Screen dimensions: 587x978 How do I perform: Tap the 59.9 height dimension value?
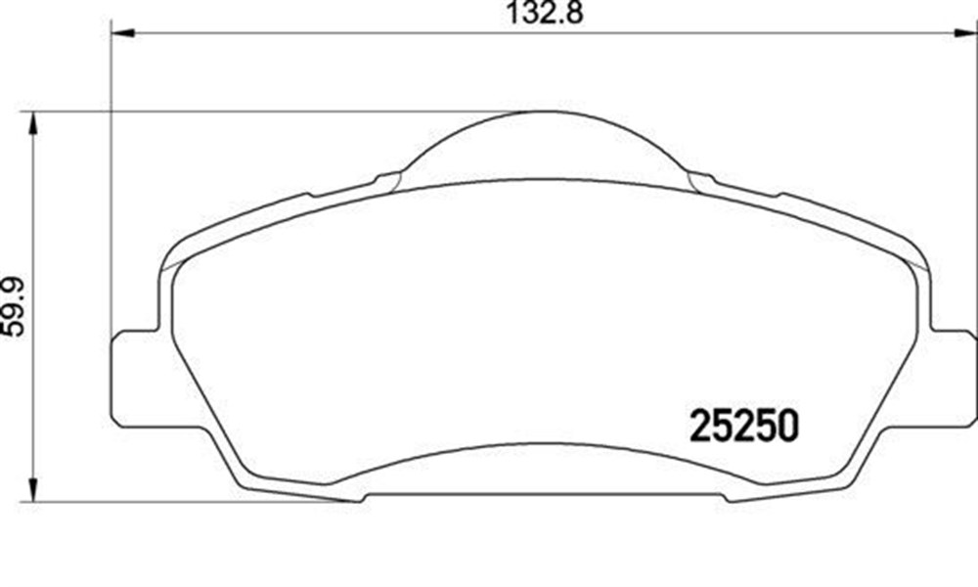[14, 306]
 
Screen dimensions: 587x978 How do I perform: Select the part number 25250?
[745, 426]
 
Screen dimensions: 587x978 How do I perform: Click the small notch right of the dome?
[701, 180]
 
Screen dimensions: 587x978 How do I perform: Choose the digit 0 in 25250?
[787, 426]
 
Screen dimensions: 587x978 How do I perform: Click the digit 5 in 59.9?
[14, 327]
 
